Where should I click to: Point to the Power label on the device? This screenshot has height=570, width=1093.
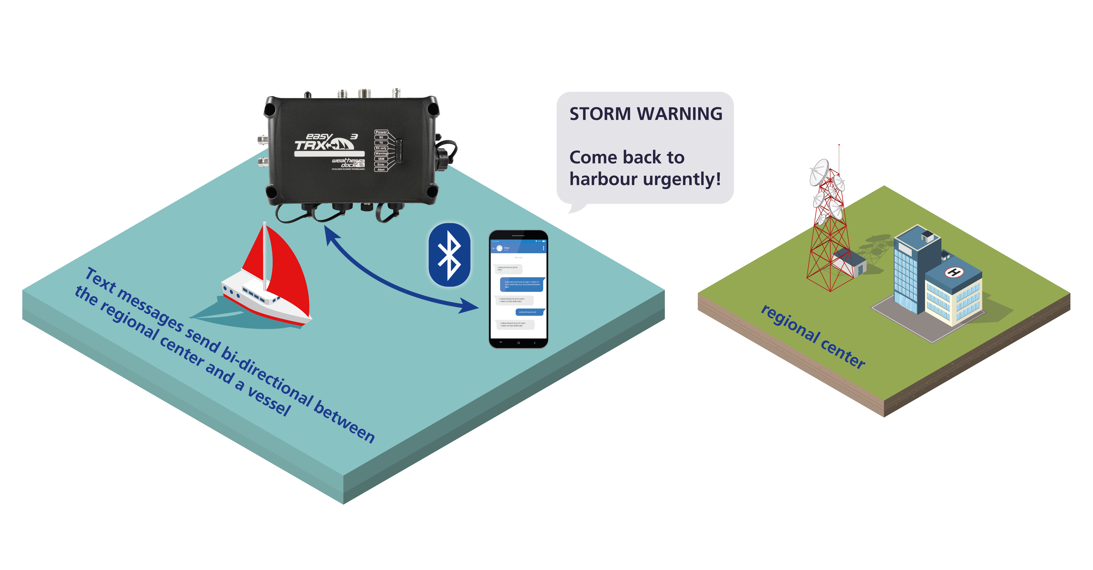pyautogui.click(x=381, y=132)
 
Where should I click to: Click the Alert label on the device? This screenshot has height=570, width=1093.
pyautogui.click(x=381, y=169)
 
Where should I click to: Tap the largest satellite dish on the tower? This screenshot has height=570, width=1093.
pyautogui.click(x=819, y=172)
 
